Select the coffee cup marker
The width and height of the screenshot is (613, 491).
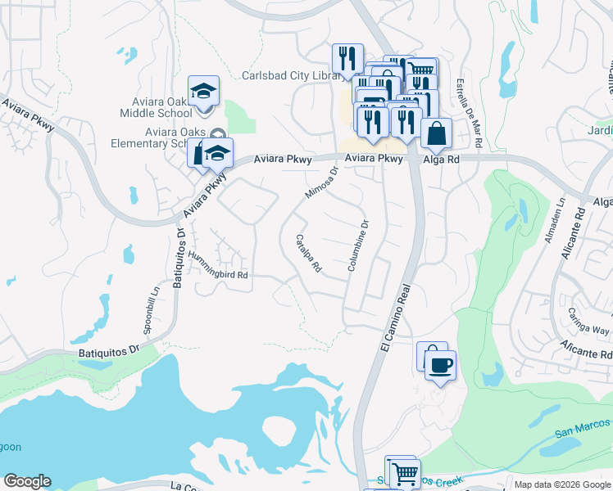click(440, 365)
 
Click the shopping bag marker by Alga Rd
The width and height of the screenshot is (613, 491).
click(437, 133)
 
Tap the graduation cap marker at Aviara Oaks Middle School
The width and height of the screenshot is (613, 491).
click(203, 91)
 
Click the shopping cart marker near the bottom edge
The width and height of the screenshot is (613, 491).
click(404, 473)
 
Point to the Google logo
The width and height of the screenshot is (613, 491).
click(28, 481)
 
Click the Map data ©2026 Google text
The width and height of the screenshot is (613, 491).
click(562, 484)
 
